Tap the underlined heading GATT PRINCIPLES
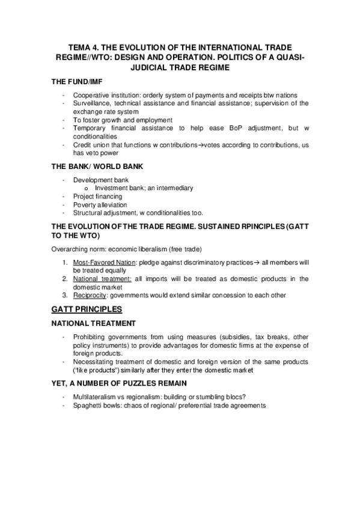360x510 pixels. pyautogui.click(x=87, y=310)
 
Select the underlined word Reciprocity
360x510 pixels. pyautogui.click(x=90, y=295)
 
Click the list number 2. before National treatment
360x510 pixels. pyautogui.click(x=66, y=279)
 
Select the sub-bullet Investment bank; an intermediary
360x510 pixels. pyautogui.click(x=144, y=188)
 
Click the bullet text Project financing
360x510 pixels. pyautogui.click(x=97, y=196)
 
